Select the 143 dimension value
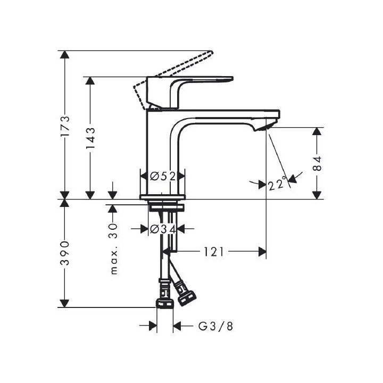[90, 138]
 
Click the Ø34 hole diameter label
[162, 229]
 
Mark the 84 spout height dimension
[317, 163]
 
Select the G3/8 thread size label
[215, 326]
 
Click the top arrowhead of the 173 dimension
[64, 55]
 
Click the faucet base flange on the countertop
[162, 197]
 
